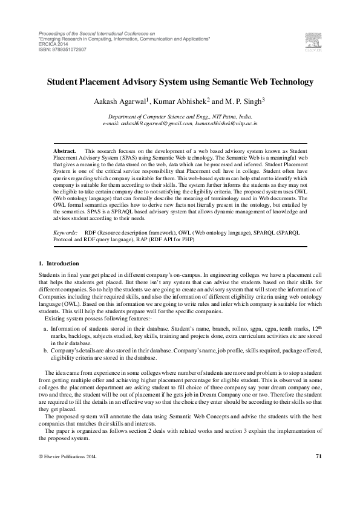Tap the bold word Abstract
[x=65, y=149]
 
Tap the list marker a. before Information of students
[x=45, y=328]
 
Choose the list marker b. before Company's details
[x=45, y=350]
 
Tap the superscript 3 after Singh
[x=263, y=98]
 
